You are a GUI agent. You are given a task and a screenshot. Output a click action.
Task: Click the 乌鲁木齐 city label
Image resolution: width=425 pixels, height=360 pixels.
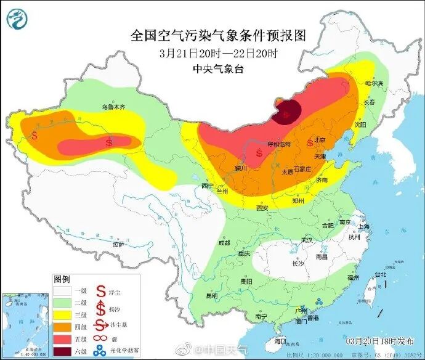click(113, 107)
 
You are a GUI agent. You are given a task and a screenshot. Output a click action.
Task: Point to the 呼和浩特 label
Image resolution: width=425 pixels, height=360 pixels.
click(278, 144)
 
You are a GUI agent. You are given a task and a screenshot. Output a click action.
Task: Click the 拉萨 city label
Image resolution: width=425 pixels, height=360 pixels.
click(118, 243)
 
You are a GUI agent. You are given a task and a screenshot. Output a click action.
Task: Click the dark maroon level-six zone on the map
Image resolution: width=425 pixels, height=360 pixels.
click(287, 112)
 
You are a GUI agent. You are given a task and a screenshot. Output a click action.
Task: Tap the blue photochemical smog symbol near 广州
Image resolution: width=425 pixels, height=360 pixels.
click(320, 301)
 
